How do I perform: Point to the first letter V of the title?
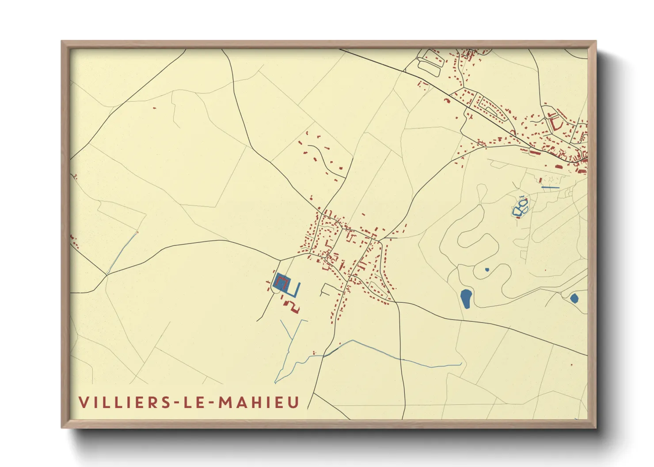[83, 402]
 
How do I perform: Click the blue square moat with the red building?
[281, 282]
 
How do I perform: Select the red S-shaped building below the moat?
[292, 306]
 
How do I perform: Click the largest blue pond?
[466, 298]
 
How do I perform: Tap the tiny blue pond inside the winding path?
[487, 269]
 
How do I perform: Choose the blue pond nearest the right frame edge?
[574, 298]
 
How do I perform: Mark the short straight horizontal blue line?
[550, 188]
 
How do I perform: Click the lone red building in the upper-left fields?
[154, 107]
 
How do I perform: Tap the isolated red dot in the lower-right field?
[571, 365]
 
